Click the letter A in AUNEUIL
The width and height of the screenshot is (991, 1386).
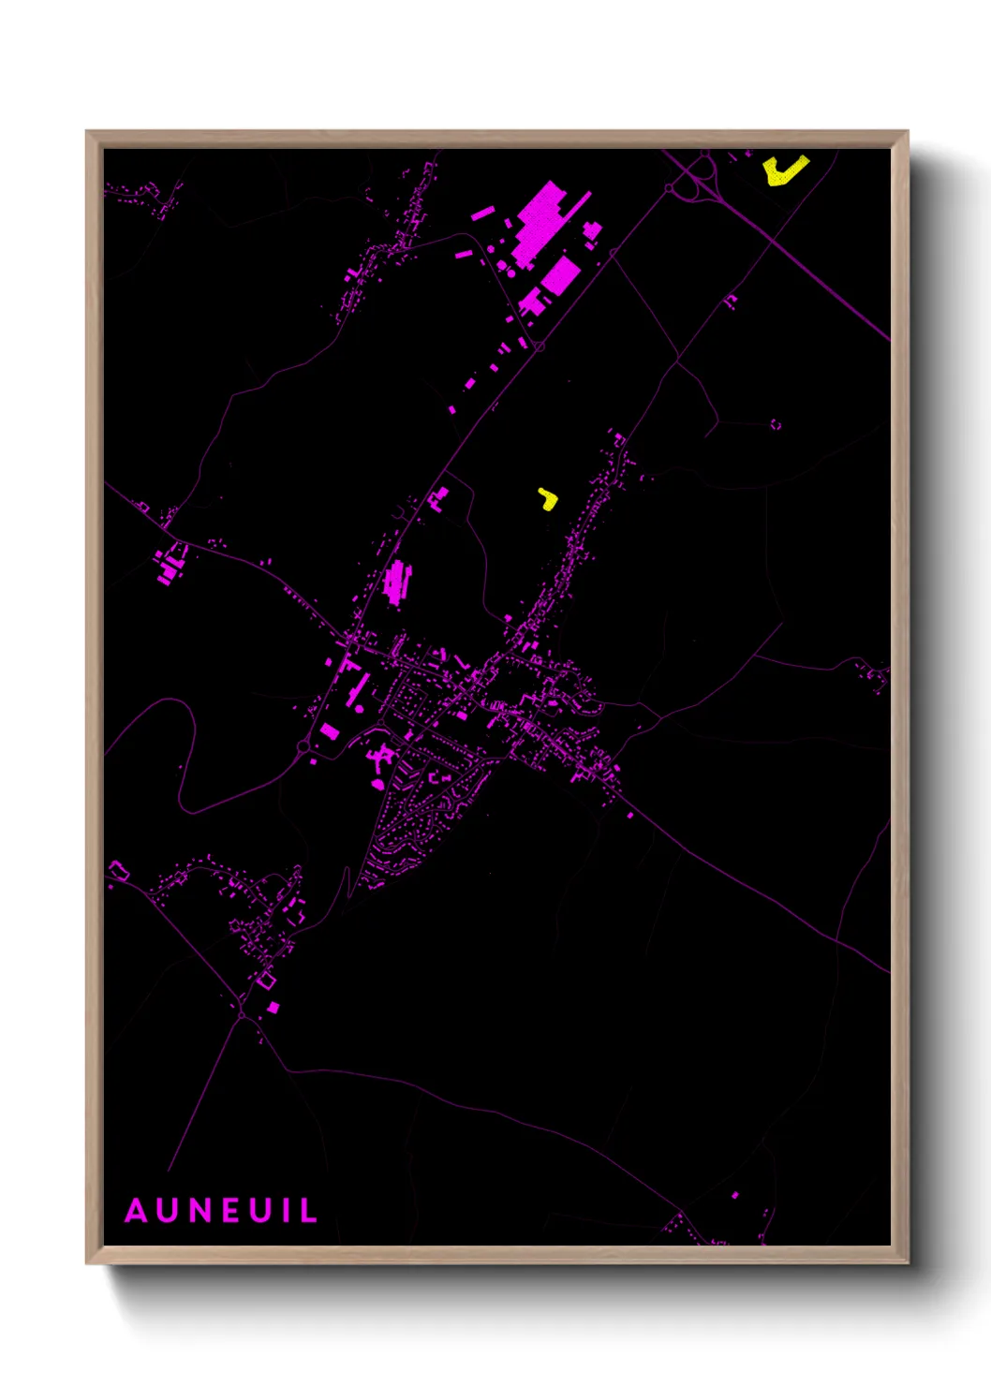tap(137, 1211)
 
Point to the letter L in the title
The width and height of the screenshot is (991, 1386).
tap(307, 1211)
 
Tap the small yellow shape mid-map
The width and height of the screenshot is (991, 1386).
tap(548, 499)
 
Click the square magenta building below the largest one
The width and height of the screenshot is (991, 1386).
tap(560, 275)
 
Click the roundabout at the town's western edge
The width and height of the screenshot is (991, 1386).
tap(303, 746)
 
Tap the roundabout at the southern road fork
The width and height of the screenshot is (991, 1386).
tap(242, 1014)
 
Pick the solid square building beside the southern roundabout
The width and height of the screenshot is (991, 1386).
tap(273, 1008)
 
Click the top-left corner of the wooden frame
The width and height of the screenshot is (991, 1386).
tap(88, 133)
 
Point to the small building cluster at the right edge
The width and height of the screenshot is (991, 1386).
tap(876, 675)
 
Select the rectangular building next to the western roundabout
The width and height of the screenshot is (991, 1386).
tap(329, 730)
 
